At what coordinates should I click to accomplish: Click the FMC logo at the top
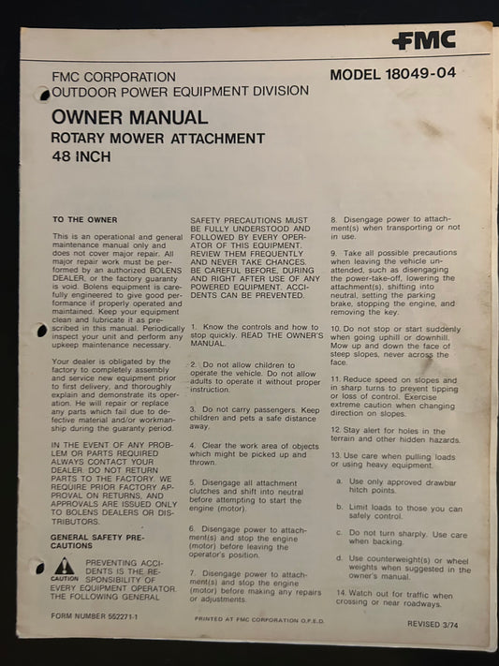pos(423,40)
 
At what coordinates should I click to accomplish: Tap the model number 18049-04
pos(392,73)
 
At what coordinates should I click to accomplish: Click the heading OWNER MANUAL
pos(130,118)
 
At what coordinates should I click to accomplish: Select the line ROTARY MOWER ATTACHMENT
pos(158,139)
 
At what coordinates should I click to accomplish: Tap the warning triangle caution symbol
pos(64,565)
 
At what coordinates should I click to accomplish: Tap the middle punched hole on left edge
pos(40,331)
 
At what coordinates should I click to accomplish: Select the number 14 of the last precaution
pos(341,594)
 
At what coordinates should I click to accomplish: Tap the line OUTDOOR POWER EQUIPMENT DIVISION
pos(180,91)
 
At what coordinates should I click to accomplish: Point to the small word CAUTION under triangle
pos(64,579)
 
